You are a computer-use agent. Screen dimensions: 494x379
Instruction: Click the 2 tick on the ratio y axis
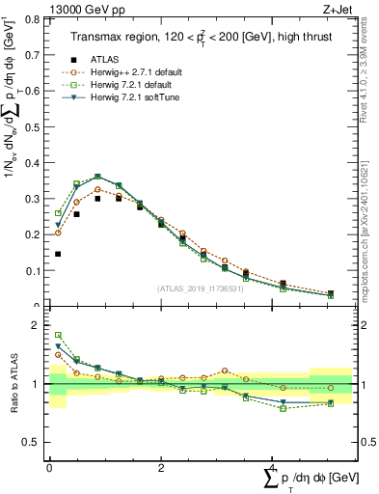39,326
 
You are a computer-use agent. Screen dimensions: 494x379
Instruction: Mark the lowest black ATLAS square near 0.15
58,254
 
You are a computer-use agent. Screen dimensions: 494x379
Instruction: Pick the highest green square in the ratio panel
58,335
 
